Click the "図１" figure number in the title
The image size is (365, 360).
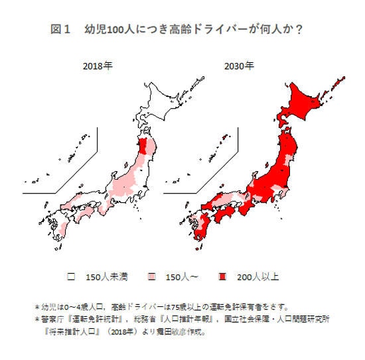click(x=60, y=30)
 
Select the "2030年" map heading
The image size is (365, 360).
click(x=239, y=66)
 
